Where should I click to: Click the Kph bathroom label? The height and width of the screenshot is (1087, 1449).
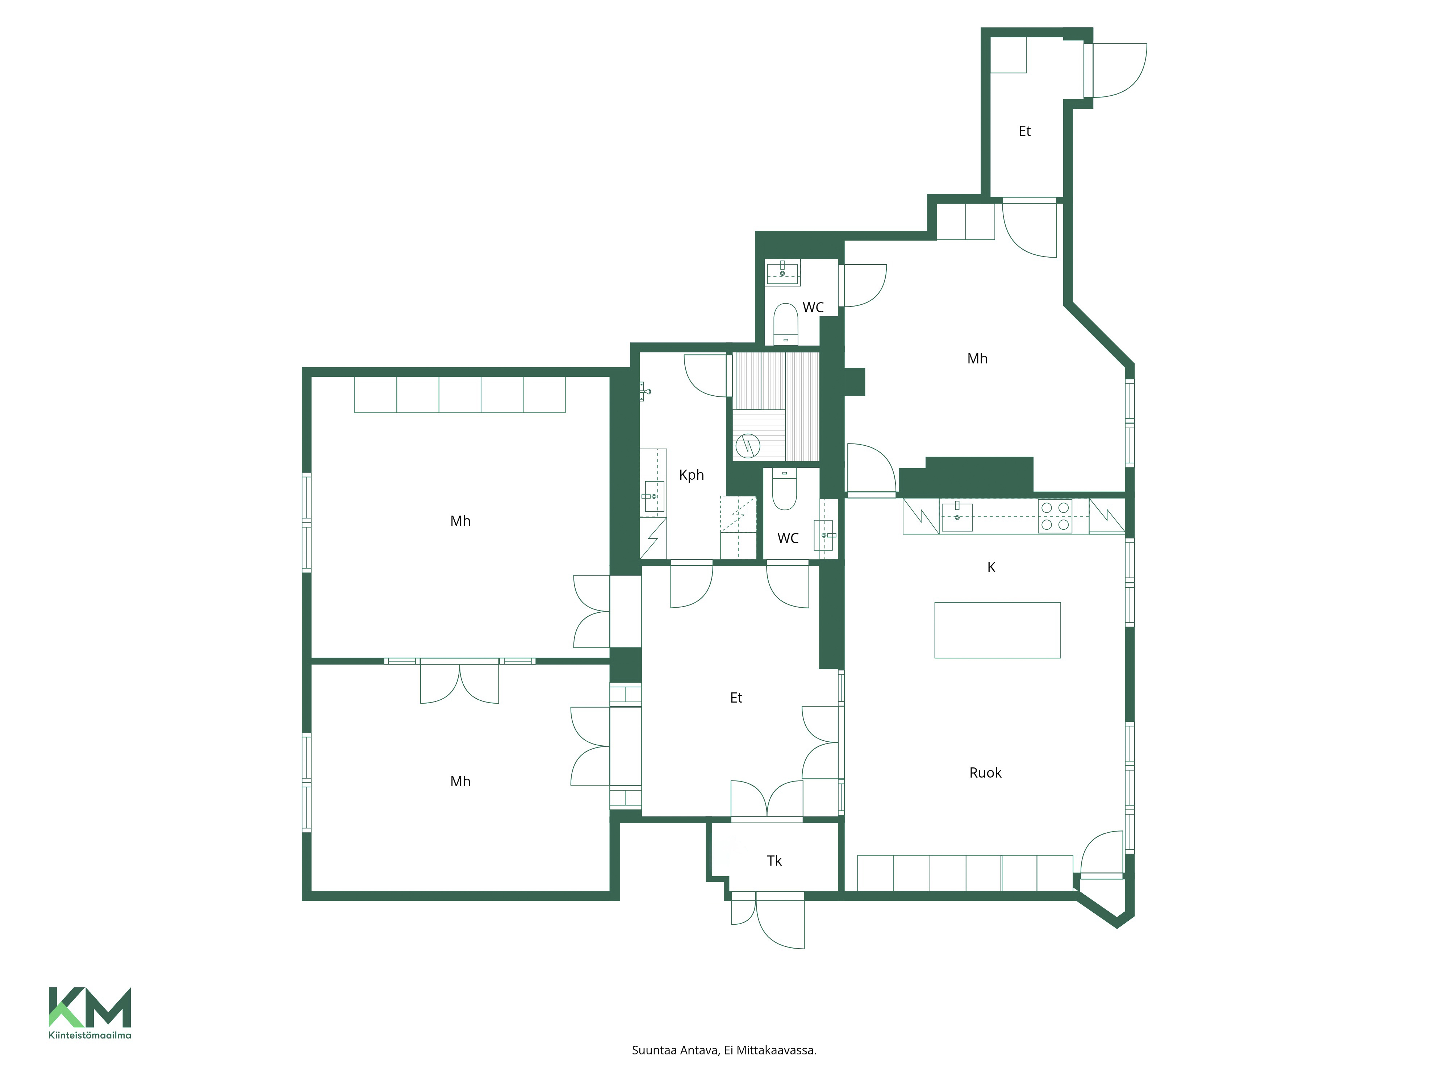click(691, 475)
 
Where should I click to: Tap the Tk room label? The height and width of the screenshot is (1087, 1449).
click(774, 861)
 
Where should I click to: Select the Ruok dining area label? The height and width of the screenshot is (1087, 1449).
click(985, 772)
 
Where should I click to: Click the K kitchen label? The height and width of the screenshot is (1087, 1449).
click(991, 567)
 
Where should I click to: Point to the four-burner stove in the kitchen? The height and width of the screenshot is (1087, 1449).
click(1055, 516)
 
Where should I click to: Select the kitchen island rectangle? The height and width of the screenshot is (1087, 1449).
click(997, 630)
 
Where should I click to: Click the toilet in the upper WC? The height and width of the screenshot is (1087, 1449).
click(785, 324)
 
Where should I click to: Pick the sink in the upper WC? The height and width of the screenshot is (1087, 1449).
click(783, 272)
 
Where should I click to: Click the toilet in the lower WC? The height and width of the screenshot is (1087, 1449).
click(784, 489)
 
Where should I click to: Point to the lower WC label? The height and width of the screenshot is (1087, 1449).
click(788, 538)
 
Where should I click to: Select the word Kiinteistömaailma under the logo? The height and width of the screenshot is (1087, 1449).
click(90, 1035)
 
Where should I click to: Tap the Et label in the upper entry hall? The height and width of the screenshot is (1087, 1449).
click(1024, 131)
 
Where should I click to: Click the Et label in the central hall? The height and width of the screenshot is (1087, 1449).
click(736, 698)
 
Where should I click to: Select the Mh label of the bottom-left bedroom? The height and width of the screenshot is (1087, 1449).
click(460, 781)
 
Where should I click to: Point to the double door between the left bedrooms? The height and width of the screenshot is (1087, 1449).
click(459, 682)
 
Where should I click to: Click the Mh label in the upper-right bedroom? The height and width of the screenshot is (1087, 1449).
click(977, 358)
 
